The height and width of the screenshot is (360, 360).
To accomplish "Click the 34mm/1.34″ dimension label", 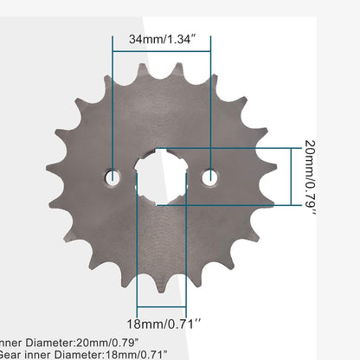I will [160, 39].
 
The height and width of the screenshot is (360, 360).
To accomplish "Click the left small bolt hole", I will [112, 177].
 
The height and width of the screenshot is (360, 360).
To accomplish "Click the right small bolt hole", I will [209, 177].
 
